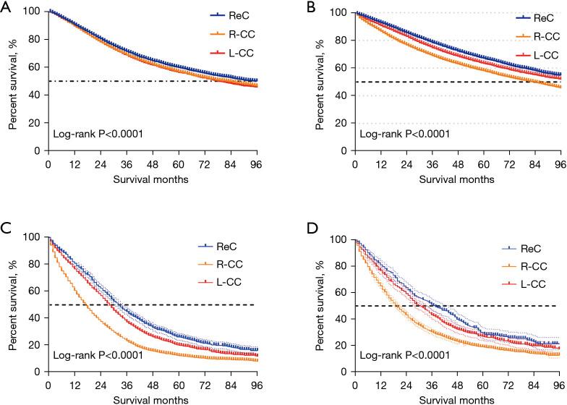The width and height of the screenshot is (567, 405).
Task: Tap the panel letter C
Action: click(6, 228)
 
